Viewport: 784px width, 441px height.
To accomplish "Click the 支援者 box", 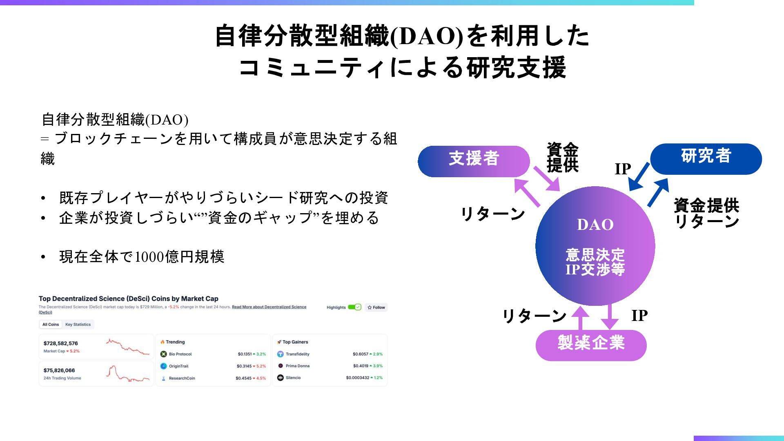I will point(474,161).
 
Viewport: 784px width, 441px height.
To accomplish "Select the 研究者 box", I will point(706,158).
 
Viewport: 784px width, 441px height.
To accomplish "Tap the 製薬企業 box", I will point(591,345).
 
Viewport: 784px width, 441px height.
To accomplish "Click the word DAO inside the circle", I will point(595,225).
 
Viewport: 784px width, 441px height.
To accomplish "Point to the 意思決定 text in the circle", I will point(595,255).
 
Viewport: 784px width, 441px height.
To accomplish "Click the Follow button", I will point(376,307).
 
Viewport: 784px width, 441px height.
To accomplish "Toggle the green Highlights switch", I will point(354,307).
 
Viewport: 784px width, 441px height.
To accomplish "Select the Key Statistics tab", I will point(78,325).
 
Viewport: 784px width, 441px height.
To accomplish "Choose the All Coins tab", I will point(51,325).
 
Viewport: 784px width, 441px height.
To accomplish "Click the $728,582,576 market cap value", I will point(61,343).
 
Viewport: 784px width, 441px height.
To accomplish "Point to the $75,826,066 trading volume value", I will point(59,370).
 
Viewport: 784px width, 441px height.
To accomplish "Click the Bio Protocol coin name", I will point(180,354).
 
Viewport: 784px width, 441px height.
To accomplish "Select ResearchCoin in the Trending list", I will point(182,378).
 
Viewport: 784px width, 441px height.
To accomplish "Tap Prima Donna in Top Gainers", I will point(297,366).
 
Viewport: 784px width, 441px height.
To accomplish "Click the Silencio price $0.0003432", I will point(357,378).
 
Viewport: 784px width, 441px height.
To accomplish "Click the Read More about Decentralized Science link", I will point(269,307).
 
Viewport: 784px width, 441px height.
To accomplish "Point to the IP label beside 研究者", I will point(623,169).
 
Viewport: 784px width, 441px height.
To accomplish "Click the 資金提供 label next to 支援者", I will point(562,158).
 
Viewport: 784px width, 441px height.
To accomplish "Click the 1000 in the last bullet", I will point(149,257).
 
